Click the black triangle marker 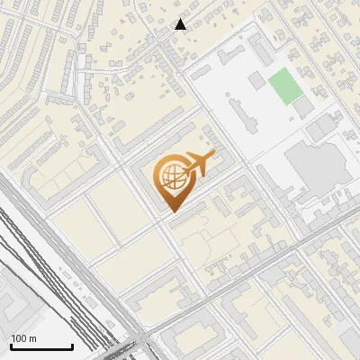point(181,24)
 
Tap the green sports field point(283,85)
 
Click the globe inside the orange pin point(171,177)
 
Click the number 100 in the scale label point(19,338)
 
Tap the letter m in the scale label point(32,338)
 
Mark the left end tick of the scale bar point(10,346)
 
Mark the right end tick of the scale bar point(72,346)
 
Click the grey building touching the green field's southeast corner point(304,106)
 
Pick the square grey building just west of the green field point(257,81)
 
